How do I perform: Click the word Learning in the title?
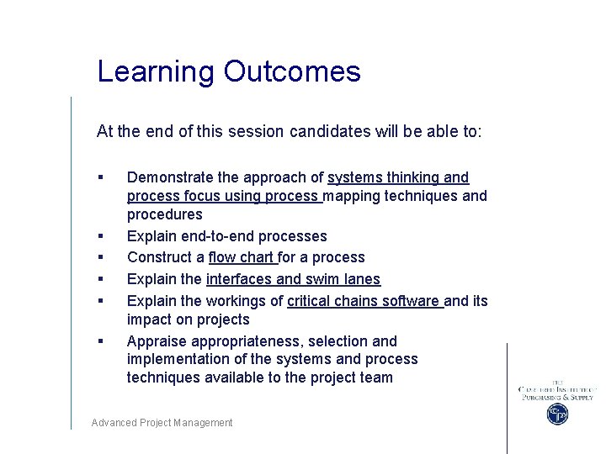pyautogui.click(x=157, y=71)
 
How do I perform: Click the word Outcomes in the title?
pyautogui.click(x=292, y=71)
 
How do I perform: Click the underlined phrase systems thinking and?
pyautogui.click(x=398, y=177)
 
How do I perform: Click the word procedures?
pyautogui.click(x=164, y=214)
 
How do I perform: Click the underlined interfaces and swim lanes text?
pyautogui.click(x=293, y=279)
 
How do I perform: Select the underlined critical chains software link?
pyautogui.click(x=364, y=300)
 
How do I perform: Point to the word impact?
pyautogui.click(x=148, y=319)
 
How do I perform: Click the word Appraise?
pyautogui.click(x=157, y=341)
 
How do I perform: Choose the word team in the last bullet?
pyautogui.click(x=377, y=377)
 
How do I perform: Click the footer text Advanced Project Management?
pyautogui.click(x=162, y=423)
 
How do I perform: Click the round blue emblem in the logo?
pyautogui.click(x=556, y=414)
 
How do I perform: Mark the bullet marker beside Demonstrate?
pyautogui.click(x=100, y=177)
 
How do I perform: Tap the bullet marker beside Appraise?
pyautogui.click(x=100, y=341)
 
